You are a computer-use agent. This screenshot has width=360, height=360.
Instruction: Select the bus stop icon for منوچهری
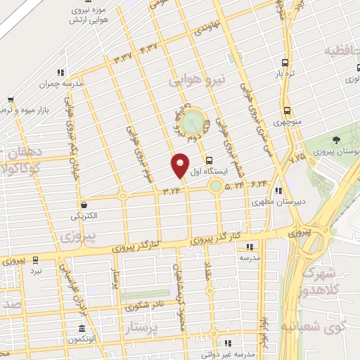click(x=287, y=110)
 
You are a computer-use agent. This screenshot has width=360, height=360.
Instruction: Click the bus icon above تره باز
click(x=285, y=62)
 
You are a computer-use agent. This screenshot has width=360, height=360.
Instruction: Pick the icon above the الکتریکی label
click(x=84, y=205)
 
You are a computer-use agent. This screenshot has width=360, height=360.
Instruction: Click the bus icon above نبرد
click(x=36, y=259)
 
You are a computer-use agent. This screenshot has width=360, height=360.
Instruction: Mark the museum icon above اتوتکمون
click(x=83, y=330)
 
